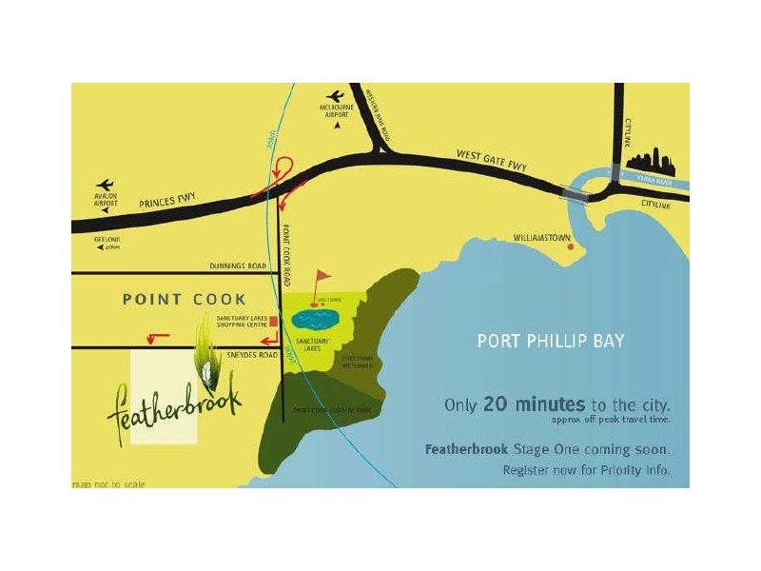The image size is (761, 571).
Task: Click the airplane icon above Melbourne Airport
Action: tap(335, 95)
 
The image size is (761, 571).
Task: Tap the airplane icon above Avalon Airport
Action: tap(106, 185)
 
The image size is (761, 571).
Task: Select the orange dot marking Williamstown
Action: tap(571, 246)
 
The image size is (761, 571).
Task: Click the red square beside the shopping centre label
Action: tap(274, 322)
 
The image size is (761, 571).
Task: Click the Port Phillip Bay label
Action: tap(551, 340)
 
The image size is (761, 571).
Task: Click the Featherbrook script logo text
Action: tap(176, 400)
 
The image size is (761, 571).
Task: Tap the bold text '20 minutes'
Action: tap(522, 404)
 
